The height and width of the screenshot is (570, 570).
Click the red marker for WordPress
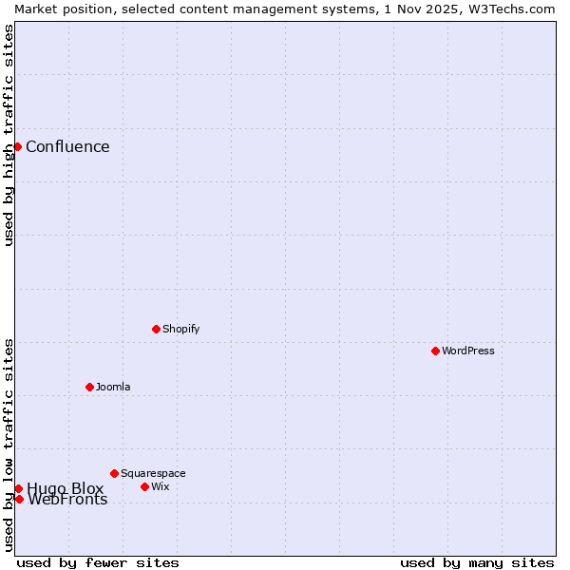point(435,351)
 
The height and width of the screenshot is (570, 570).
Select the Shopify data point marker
point(156,329)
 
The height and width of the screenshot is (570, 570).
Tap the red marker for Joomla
point(89,387)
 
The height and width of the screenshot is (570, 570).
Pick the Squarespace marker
point(114,473)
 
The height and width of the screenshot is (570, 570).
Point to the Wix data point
point(144,486)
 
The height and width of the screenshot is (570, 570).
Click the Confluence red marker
point(17,146)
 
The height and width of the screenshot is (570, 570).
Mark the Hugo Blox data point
point(18,488)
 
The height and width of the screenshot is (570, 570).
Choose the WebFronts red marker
point(19,499)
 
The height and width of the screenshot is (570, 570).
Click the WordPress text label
point(467,351)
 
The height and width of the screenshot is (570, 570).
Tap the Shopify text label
point(180,329)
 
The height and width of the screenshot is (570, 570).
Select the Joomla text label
point(113,387)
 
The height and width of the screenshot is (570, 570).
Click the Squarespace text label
point(153,473)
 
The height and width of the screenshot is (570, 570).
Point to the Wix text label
point(160,486)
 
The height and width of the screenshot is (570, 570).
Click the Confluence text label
point(67,146)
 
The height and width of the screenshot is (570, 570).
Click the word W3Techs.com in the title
point(510,9)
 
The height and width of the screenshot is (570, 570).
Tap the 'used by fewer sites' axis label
point(98,562)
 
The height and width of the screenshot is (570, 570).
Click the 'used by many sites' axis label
point(477,562)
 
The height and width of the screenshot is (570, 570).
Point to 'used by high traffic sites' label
point(9,135)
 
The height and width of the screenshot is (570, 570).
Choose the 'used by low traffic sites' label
point(9,445)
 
